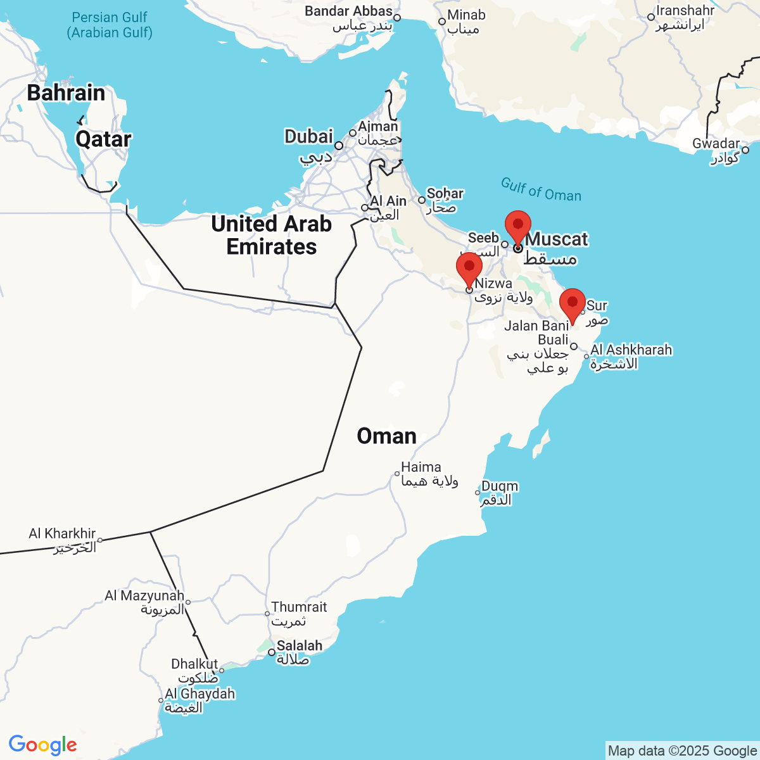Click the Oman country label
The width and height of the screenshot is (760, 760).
coord(386,436)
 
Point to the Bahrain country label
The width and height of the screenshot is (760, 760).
coord(66,93)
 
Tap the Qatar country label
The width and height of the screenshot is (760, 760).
coord(103,139)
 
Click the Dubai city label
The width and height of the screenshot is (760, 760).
coord(308,137)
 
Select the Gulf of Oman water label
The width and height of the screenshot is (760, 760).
coord(541,189)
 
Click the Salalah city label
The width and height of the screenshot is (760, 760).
coord(300,646)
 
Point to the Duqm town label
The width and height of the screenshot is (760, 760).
coord(500,486)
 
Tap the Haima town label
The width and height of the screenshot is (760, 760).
coord(421,467)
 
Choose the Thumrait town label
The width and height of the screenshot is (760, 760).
coord(299,607)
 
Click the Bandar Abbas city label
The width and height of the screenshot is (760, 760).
coord(348,11)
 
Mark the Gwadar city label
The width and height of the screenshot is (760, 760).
coord(716,144)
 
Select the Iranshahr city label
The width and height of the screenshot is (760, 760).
coord(685,11)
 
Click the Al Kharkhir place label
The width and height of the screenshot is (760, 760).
coord(62,534)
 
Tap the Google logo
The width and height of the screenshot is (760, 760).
coord(42,745)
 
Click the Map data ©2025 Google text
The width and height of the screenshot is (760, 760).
coord(682,751)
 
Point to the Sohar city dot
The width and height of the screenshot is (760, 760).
coord(422,200)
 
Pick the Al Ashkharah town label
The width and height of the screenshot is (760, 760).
coord(631,350)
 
